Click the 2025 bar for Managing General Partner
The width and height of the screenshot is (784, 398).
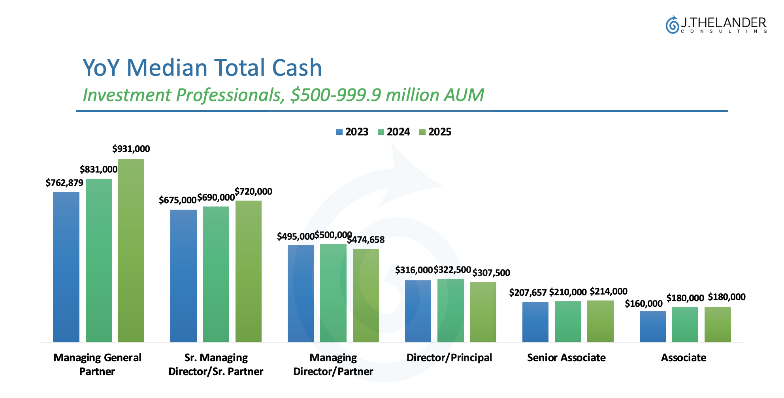click(131, 250)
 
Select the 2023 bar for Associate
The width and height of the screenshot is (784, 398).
click(652, 327)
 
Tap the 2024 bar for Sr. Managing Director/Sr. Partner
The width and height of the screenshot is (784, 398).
click(216, 274)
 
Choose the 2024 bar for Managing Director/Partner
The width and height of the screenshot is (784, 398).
click(333, 293)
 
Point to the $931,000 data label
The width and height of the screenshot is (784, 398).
click(131, 149)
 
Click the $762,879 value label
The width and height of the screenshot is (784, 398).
click(64, 183)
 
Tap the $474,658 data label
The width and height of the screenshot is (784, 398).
click(366, 240)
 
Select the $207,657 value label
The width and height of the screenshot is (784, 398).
click(528, 293)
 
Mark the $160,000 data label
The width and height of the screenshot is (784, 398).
click(643, 304)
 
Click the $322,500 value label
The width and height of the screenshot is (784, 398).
click(452, 270)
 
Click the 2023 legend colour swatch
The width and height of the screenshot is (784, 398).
click(339, 132)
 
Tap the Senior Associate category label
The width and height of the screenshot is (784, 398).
click(566, 358)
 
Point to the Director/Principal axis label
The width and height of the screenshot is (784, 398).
click(449, 358)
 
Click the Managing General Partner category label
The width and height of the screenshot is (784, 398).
click(97, 364)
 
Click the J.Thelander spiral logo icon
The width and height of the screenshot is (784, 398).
click(671, 25)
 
